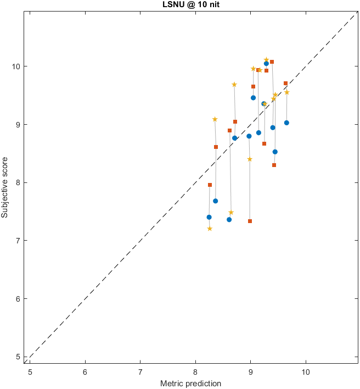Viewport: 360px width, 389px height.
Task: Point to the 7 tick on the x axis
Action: (140, 371)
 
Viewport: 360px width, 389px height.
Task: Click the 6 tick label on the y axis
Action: (20, 299)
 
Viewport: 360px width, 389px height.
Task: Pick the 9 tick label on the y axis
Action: (20, 125)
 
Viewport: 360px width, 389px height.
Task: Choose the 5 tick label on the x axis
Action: (30, 371)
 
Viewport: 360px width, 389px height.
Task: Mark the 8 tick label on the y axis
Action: (20, 182)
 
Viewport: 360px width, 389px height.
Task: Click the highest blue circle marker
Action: (266, 64)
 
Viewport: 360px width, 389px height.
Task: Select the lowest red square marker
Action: (250, 221)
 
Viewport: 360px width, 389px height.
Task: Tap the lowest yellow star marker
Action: (210, 229)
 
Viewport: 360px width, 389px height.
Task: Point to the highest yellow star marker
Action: (266, 60)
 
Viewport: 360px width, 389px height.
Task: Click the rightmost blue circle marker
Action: (286, 123)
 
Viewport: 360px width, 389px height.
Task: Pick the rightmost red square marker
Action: (286, 84)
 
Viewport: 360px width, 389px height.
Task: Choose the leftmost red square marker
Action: (210, 185)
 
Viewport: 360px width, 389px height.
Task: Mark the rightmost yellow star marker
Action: (286, 92)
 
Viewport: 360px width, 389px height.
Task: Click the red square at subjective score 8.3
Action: (274, 165)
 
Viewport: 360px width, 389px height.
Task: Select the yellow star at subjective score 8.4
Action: (250, 159)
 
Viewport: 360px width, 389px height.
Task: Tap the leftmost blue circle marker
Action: (209, 217)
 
